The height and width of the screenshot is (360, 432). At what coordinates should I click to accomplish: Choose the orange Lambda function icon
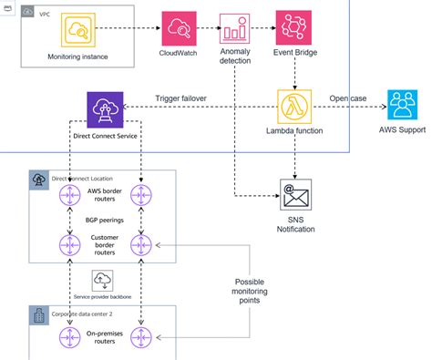point(293,108)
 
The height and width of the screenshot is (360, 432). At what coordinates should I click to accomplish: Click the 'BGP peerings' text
point(105,221)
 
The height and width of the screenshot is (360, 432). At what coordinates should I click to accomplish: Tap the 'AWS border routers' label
point(105,192)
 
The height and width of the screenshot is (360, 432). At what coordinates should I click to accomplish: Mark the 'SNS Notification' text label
point(293,222)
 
